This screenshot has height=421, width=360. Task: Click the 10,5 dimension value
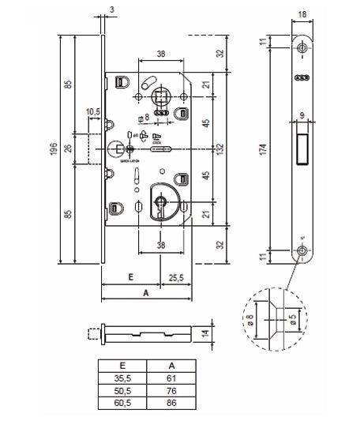[x=92, y=112]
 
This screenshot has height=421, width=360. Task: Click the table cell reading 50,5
[x=123, y=391]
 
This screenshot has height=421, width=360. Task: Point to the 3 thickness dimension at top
[x=113, y=9]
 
